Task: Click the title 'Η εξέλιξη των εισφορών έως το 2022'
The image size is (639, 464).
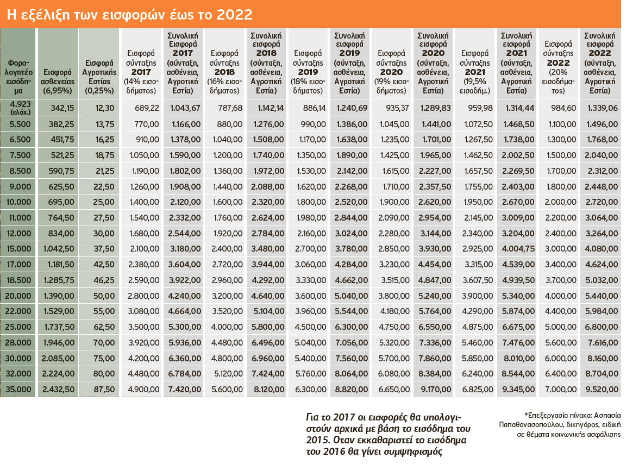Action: [129, 14]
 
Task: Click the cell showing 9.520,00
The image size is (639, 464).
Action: [601, 389]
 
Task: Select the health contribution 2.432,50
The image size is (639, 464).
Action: [58, 389]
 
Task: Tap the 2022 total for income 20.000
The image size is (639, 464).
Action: [601, 296]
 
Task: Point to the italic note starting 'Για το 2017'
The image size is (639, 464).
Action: [383, 434]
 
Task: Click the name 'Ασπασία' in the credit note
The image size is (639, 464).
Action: [603, 415]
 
